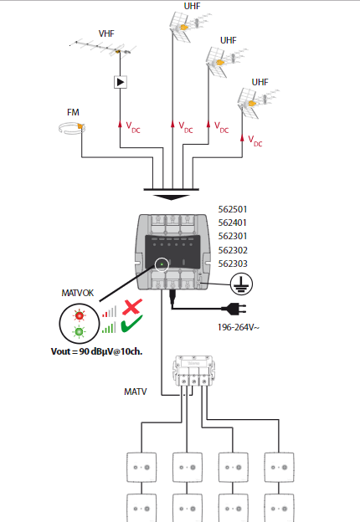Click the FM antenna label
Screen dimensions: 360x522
73,113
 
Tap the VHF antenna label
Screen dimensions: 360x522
106,33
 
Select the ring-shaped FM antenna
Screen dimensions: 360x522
72,128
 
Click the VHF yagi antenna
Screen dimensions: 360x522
103,48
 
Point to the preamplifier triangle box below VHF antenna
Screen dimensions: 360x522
121,82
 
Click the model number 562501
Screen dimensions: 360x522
233,209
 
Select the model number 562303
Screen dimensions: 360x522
233,264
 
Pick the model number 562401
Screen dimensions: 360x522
233,223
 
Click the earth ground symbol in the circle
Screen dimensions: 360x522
241,284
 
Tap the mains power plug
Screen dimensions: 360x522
234,309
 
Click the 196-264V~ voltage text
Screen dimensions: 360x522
238,328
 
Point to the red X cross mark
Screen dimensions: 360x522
132,307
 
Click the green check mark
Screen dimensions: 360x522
132,323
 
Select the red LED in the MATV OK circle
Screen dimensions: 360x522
80,315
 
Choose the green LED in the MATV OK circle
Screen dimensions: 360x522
80,331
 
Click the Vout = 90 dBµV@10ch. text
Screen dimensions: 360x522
96,351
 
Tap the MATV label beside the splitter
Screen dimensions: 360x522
135,391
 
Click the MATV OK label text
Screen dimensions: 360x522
78,293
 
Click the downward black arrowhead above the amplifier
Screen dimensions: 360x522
171,197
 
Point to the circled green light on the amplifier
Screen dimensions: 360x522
162,264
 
